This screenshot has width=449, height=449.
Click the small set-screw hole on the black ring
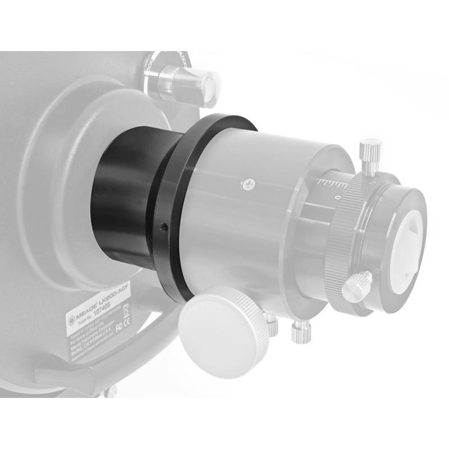163,227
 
